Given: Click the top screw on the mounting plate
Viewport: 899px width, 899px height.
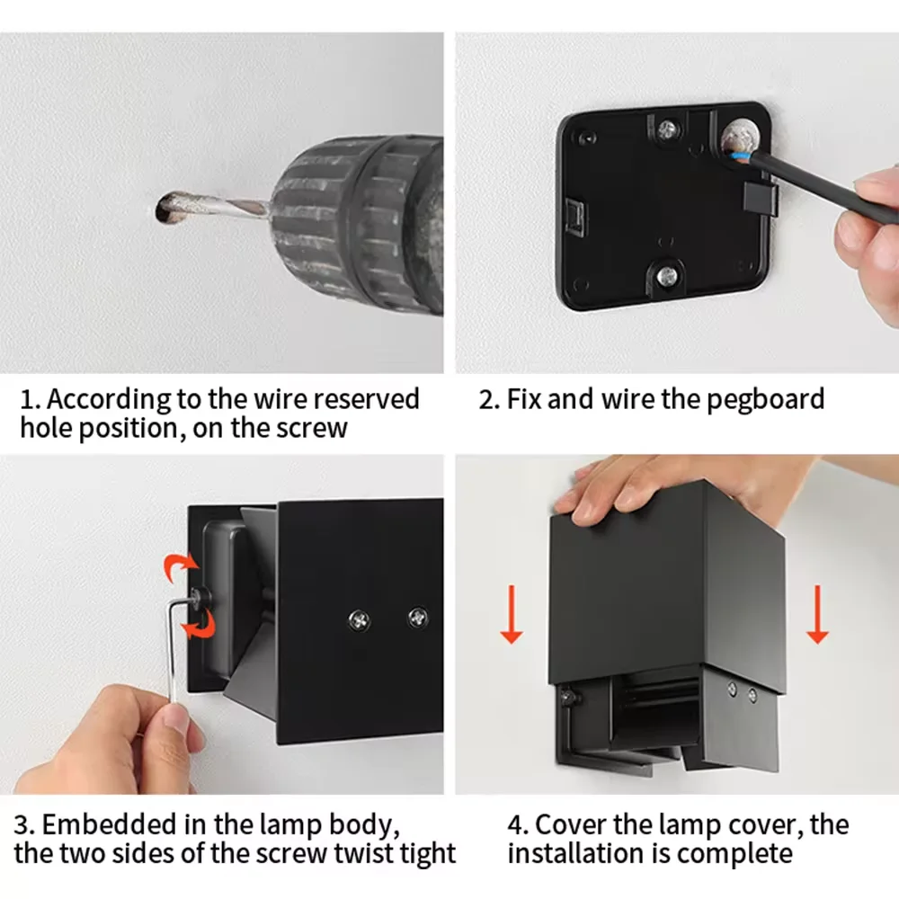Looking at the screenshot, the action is pyautogui.click(x=666, y=130).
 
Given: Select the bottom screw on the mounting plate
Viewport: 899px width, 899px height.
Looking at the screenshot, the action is pyautogui.click(x=667, y=276).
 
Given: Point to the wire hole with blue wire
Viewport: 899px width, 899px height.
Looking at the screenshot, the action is pyautogui.click(x=739, y=139).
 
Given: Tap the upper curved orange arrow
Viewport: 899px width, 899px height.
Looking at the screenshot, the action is pyautogui.click(x=181, y=567).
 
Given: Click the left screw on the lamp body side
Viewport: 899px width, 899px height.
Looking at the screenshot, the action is pyautogui.click(x=359, y=620).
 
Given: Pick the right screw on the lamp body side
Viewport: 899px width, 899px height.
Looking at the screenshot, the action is pyautogui.click(x=417, y=618).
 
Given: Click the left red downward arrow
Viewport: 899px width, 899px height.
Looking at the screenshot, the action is pyautogui.click(x=511, y=614).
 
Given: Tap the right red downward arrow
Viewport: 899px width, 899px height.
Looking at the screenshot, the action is pyautogui.click(x=817, y=614).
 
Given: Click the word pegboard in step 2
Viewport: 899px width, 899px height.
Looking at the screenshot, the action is pyautogui.click(x=765, y=400).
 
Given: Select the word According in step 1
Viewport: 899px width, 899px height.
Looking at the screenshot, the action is pyautogui.click(x=109, y=400).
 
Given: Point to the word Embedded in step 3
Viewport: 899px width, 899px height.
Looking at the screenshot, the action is pyautogui.click(x=110, y=824).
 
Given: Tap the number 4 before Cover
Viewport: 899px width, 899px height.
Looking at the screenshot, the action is pyautogui.click(x=515, y=825).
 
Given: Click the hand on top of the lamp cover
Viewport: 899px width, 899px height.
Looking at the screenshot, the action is pyautogui.click(x=677, y=487).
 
